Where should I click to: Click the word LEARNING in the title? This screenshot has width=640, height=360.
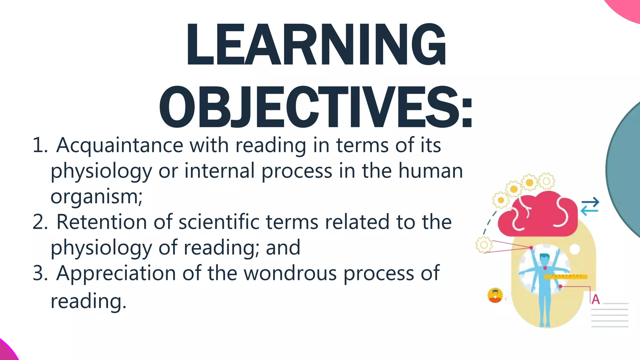point(316,44)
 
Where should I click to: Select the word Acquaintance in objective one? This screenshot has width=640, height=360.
point(120,145)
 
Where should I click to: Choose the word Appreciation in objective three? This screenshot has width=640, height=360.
point(116,273)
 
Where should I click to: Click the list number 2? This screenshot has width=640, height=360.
point(40,222)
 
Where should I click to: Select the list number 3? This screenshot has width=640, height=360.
point(40,273)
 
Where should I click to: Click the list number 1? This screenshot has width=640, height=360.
point(40,145)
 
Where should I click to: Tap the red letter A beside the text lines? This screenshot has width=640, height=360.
point(596,299)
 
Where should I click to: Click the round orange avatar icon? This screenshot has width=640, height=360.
point(495,295)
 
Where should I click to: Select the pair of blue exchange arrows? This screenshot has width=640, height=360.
point(590,207)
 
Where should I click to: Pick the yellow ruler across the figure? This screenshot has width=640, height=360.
point(566,276)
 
